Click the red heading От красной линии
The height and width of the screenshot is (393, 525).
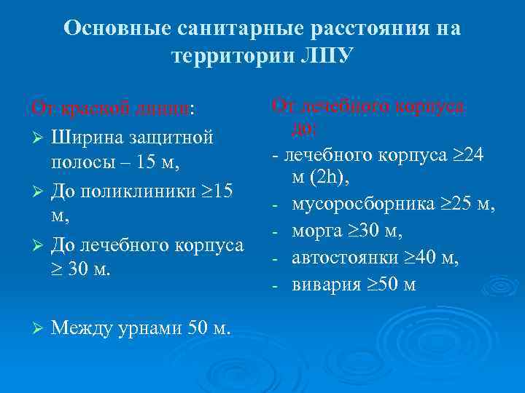coord(114,108)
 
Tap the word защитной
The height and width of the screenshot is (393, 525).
coord(172,136)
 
